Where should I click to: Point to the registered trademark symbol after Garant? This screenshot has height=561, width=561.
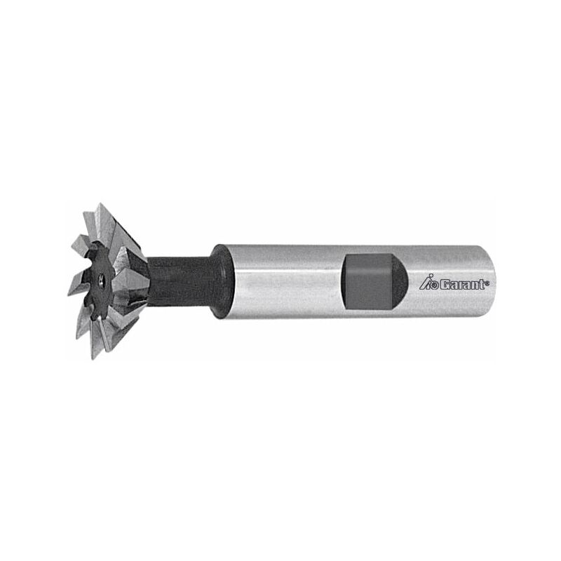488,281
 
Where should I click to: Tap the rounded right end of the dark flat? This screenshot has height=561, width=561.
398,280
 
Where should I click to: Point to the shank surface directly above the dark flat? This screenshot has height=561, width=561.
368,251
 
